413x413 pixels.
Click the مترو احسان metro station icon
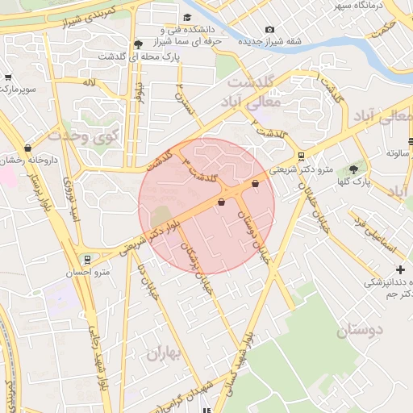tap(86, 260)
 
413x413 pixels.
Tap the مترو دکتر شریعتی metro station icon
tap(301, 156)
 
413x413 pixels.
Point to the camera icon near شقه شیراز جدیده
tap(269, 30)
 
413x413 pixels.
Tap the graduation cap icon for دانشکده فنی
tap(188, 18)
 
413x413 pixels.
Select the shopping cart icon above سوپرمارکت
tap(8, 77)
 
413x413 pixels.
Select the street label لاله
tap(89, 83)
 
